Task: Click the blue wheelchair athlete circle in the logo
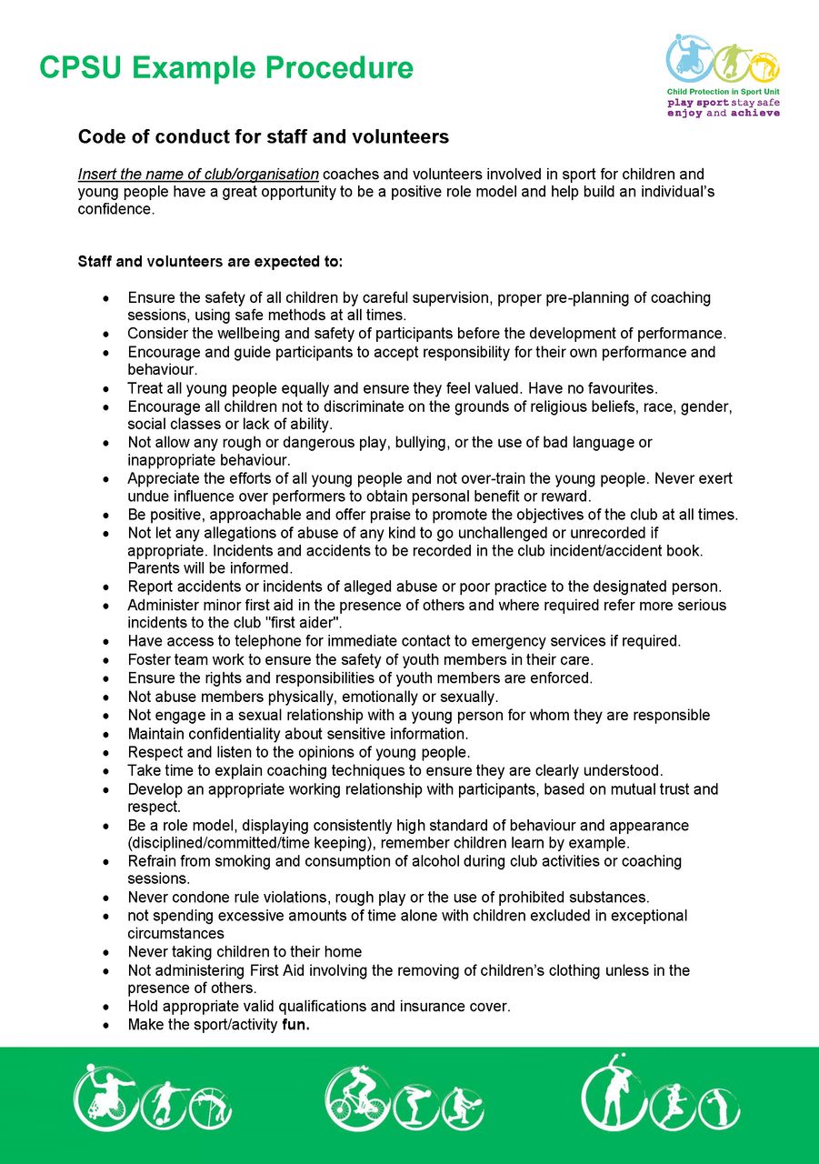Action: (688, 58)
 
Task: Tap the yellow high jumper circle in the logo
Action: (764, 65)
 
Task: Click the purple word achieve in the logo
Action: (754, 114)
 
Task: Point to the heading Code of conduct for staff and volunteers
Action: (264, 137)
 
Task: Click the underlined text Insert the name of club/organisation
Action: (198, 174)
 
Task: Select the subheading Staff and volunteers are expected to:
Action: (211, 262)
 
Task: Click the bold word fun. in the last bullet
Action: (296, 1025)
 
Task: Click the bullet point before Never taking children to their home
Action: (107, 952)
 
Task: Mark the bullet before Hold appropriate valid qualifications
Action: (107, 1007)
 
